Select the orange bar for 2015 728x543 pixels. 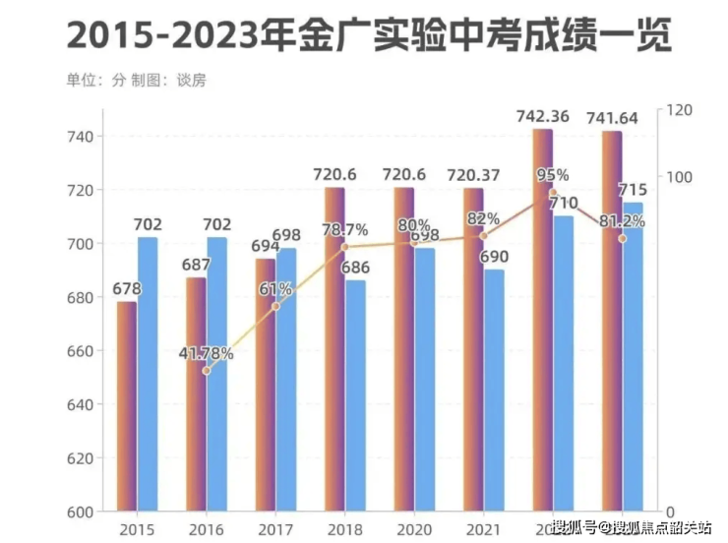pos(127,405)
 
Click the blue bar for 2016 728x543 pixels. pos(216,374)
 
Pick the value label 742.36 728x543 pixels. pos(542,117)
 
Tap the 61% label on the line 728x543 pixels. pos(275,289)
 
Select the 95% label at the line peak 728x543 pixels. pos(552,175)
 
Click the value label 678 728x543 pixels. pos(126,289)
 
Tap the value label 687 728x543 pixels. pos(196,266)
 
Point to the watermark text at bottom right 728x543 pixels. pos(632,528)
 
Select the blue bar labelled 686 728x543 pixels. pos(355,395)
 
